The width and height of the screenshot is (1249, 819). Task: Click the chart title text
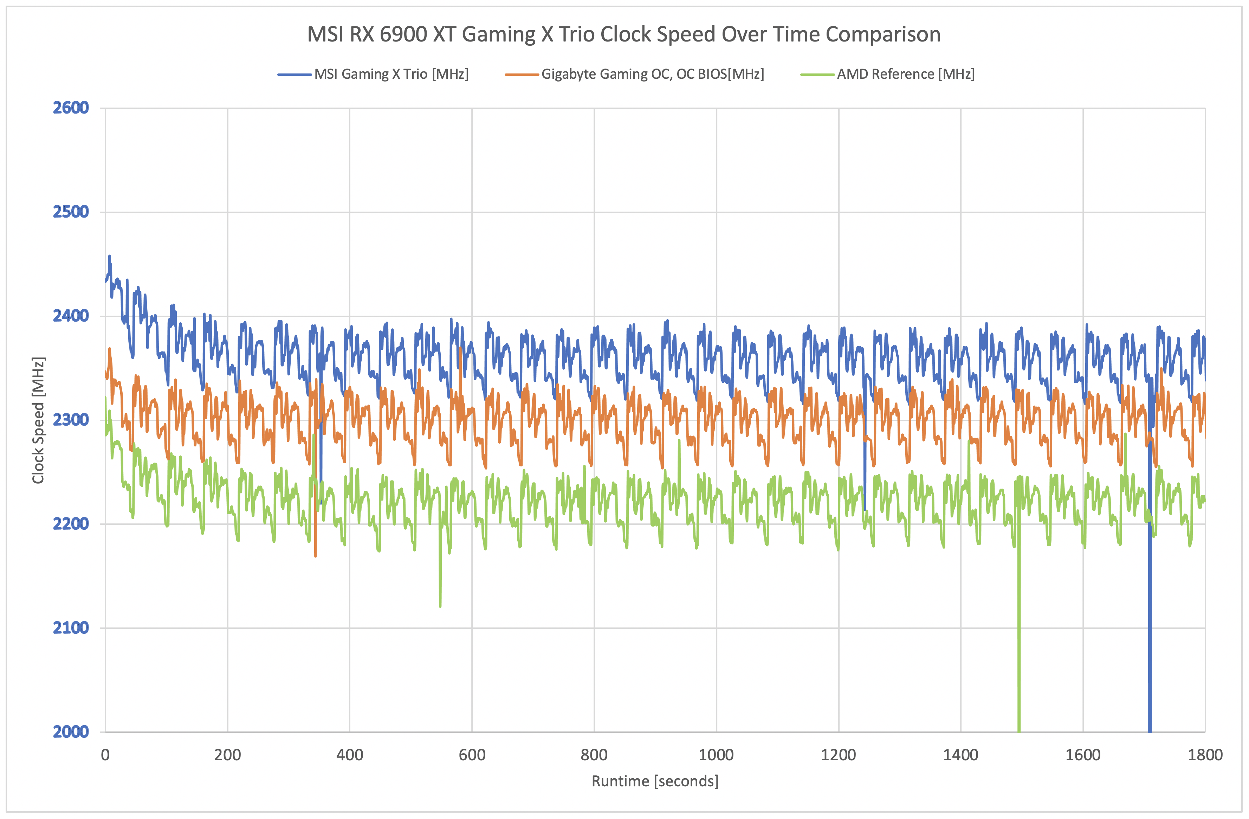tap(623, 35)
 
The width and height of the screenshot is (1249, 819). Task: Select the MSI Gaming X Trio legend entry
tap(391, 74)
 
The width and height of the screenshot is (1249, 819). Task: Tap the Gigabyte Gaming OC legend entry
tap(652, 74)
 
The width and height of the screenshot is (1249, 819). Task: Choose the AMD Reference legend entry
tap(905, 74)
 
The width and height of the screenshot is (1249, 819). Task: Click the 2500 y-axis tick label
tap(71, 212)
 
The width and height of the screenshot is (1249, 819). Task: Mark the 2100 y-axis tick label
tap(71, 627)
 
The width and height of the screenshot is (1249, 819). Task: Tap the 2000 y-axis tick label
tap(71, 731)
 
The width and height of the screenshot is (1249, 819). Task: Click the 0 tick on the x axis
tap(105, 755)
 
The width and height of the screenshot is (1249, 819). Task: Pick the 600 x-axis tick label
tap(472, 755)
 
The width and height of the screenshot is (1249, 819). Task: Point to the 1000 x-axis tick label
tap(716, 755)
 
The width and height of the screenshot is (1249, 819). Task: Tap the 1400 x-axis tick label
tap(960, 755)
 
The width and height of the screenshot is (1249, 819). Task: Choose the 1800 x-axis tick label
tap(1205, 755)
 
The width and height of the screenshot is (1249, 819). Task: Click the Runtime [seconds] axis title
tap(654, 781)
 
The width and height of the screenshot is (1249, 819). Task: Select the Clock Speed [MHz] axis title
tap(38, 420)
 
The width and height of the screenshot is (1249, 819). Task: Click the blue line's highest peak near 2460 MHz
tap(109, 256)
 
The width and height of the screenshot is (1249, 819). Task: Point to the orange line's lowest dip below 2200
tap(315, 555)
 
